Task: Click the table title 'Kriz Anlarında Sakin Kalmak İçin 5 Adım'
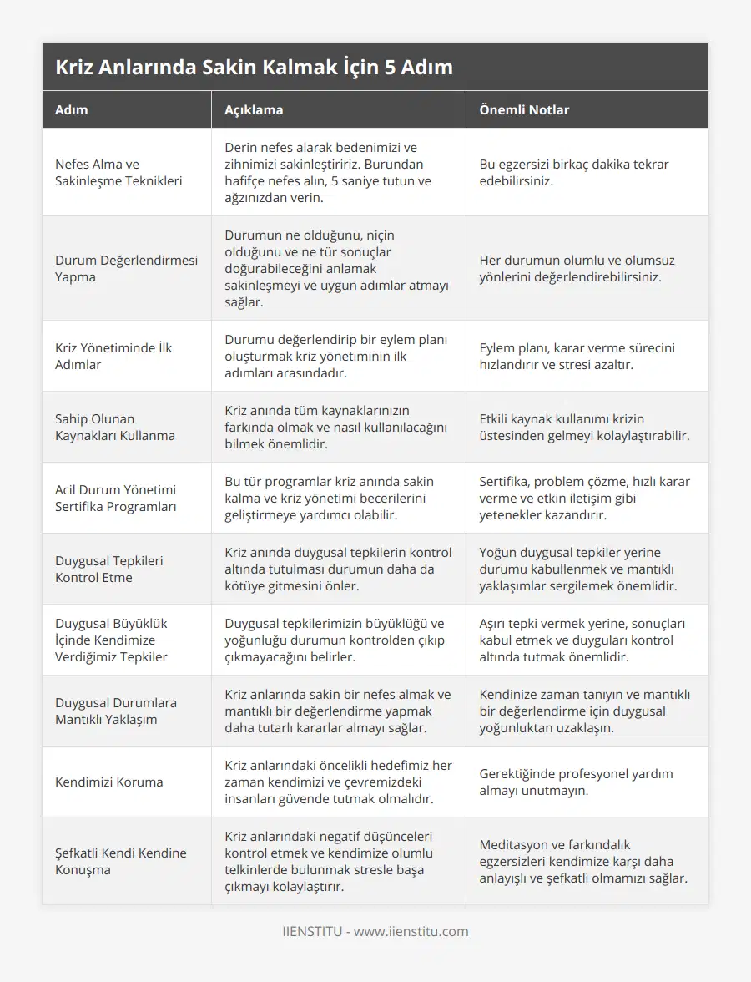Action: click(254, 68)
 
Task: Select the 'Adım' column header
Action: click(72, 109)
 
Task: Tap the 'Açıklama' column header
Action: click(254, 109)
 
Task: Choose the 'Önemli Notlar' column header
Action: click(524, 109)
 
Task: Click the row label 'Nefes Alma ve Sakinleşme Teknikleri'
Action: click(118, 172)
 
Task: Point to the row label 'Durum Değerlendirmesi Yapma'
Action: click(126, 268)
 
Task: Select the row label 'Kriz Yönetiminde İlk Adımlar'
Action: click(113, 356)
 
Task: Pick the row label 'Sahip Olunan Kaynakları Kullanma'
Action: click(115, 427)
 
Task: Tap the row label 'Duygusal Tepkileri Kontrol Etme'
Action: click(109, 569)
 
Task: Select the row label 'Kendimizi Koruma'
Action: click(109, 782)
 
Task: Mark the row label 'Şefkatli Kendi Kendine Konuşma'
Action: click(120, 861)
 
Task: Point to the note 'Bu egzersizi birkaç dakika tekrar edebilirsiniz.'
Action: click(573, 172)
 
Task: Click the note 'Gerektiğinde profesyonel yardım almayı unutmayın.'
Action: click(576, 782)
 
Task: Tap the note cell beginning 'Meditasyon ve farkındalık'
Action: click(583, 861)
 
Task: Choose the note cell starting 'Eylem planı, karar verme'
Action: click(577, 356)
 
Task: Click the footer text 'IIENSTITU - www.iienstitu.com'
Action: click(375, 931)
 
